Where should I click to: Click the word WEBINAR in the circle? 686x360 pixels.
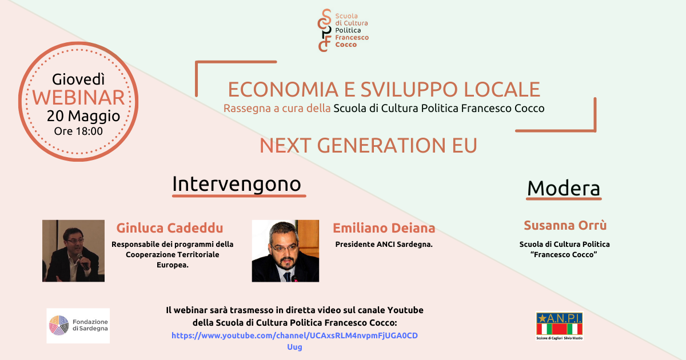tap(78, 98)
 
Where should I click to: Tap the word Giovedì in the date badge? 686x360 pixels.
tap(78, 79)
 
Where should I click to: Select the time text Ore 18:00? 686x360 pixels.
tap(78, 131)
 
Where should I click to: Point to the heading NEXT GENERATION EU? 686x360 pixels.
tap(368, 145)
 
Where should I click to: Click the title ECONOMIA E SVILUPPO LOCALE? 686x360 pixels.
tap(384, 89)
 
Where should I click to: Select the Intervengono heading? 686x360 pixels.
tap(237, 184)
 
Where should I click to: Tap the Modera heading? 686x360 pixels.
tap(564, 188)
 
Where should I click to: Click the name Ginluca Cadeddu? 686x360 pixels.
tap(170, 228)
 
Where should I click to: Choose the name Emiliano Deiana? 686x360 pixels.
tap(384, 228)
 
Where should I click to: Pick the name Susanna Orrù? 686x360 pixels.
tap(565, 225)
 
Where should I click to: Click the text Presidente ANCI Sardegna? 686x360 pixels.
tap(384, 245)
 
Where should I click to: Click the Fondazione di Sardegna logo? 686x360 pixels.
tap(78, 326)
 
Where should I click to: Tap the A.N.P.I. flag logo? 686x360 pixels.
tap(560, 326)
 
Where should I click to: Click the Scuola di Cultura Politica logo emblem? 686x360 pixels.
tap(325, 30)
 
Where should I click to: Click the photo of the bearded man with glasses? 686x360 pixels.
tap(285, 251)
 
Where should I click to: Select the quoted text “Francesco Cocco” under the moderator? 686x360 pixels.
tap(564, 255)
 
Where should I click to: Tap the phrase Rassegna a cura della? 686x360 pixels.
tap(277, 109)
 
